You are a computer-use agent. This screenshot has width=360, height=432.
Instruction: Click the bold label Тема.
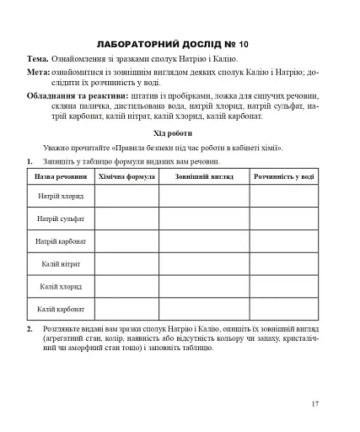coord(38,60)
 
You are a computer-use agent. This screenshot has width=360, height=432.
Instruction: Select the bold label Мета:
coord(39,73)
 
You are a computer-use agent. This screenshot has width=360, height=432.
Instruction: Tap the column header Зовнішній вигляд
coord(204,177)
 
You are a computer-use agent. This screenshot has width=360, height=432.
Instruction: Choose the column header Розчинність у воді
coord(284,177)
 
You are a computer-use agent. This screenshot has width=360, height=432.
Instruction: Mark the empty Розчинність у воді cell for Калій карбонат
coord(284,309)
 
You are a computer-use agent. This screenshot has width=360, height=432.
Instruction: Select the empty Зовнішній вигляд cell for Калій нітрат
coord(204,264)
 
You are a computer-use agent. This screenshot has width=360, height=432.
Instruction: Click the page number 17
coord(314,404)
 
